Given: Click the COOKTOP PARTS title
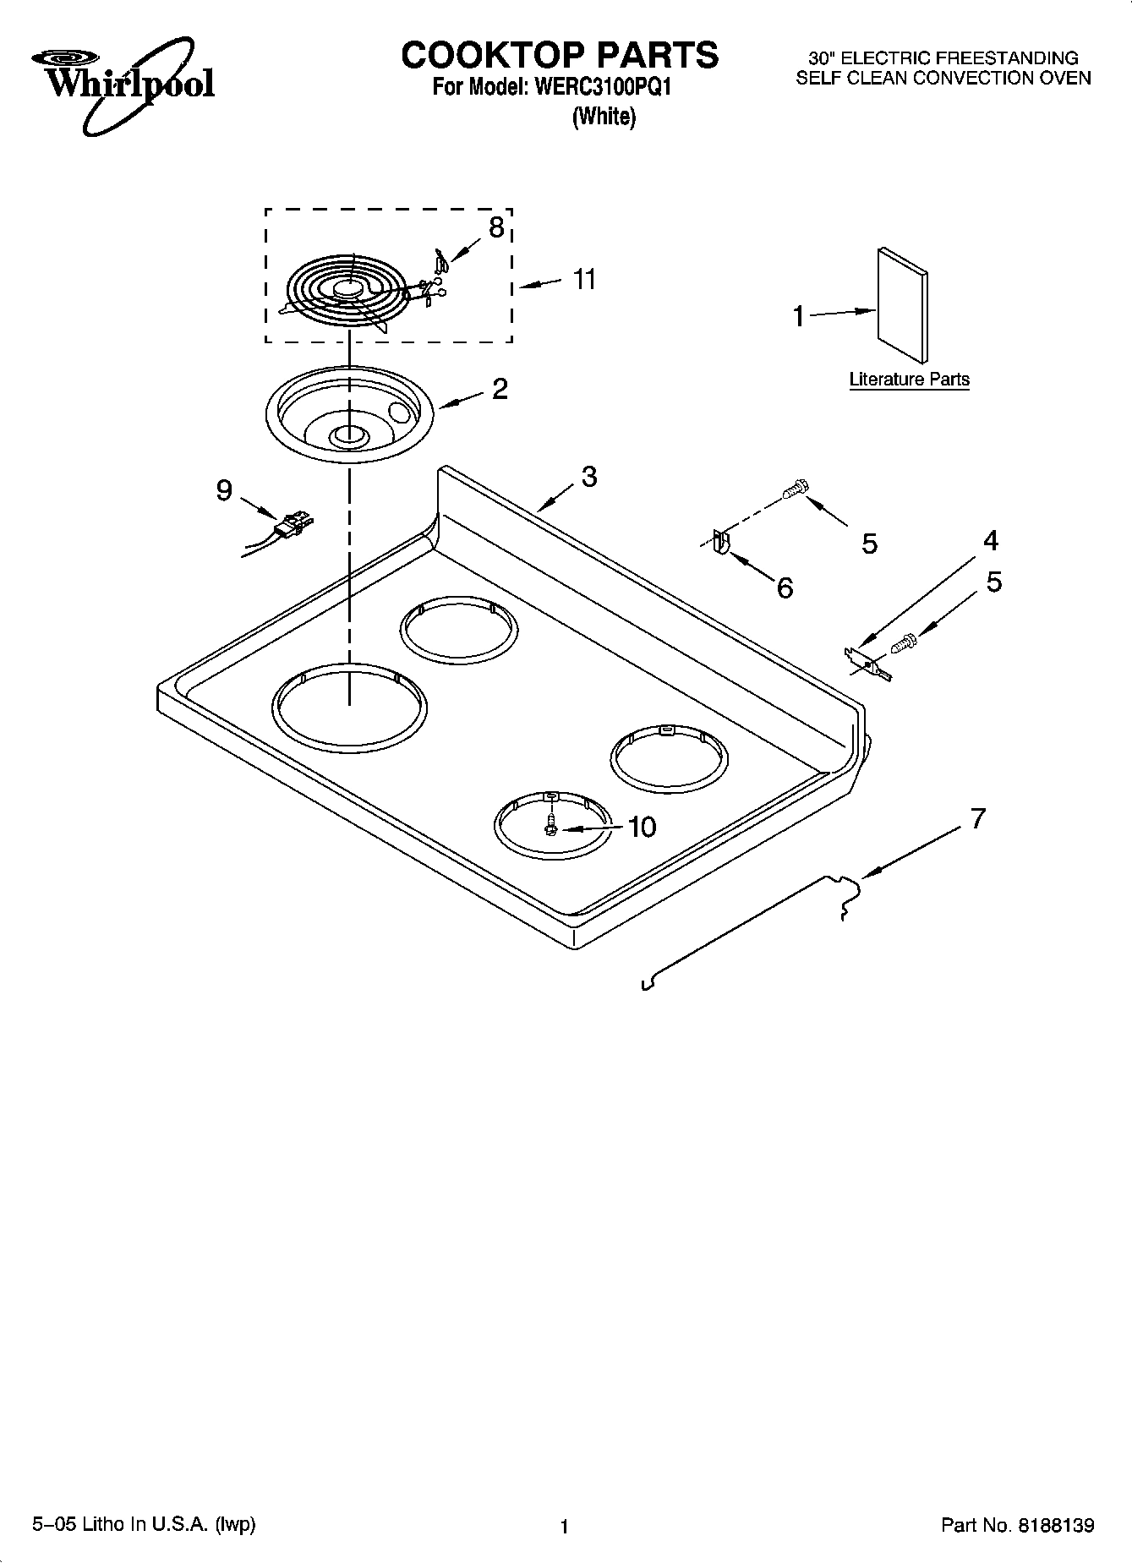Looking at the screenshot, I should (559, 55).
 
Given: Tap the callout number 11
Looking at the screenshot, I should (584, 279).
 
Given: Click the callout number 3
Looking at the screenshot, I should (588, 476).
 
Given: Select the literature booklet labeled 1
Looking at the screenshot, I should (902, 304).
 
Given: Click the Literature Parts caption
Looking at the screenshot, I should (909, 380).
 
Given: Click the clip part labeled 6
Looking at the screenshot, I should (719, 541).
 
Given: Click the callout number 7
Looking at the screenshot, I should (977, 818).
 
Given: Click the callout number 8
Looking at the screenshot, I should (496, 227).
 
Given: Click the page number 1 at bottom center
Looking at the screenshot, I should (564, 1526).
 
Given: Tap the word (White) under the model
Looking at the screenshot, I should (604, 117).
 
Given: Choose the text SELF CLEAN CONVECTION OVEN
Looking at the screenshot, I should (943, 79).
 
